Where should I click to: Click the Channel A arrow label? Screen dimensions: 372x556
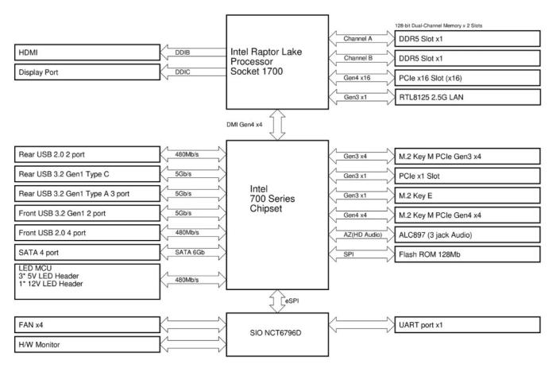tap(360, 37)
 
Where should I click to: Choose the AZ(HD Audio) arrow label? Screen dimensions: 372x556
tap(361, 235)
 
